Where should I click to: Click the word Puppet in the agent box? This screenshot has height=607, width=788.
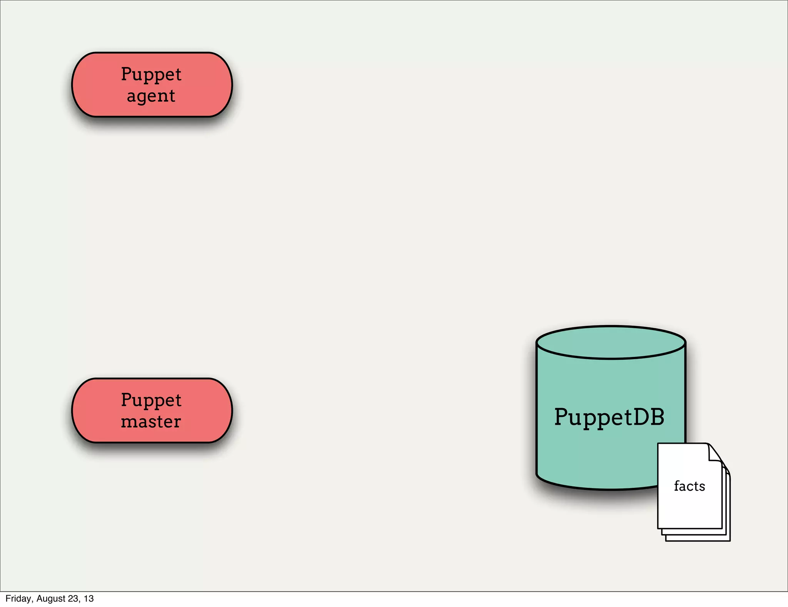pos(151,74)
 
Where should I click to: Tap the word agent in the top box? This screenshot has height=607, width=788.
pos(151,96)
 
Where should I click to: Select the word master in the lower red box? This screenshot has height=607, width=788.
pos(151,422)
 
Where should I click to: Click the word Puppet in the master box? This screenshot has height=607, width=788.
pos(151,400)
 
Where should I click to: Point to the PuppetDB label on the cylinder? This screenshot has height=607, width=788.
pos(609,417)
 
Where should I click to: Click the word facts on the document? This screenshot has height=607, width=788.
pos(689,486)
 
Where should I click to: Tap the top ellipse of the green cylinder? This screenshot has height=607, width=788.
pos(611,342)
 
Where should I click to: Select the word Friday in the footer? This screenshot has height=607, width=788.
pos(18,599)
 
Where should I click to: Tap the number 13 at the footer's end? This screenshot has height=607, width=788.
pos(89,599)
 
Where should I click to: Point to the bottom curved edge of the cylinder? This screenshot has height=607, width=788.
pos(600,488)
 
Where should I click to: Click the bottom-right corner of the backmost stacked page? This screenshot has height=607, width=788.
pos(729,540)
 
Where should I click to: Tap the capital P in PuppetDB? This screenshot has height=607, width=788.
pos(562,417)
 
